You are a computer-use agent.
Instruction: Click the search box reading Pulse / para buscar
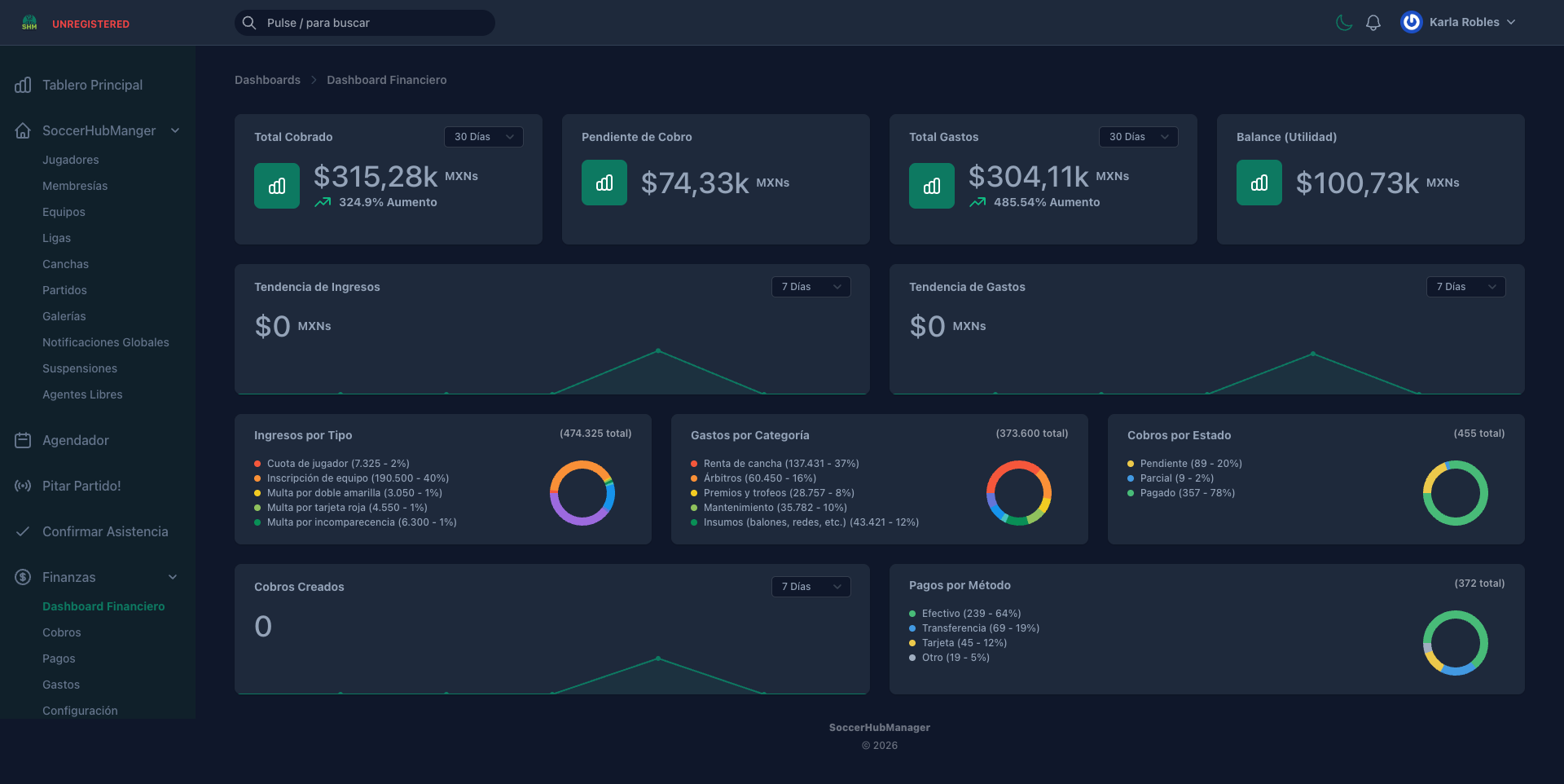pos(365,23)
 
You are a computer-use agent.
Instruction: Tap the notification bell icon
pos(1373,23)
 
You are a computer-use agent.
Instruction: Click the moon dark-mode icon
pos(1344,23)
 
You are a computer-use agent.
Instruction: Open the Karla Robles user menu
pos(1458,23)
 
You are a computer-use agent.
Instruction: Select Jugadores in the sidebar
pos(71,160)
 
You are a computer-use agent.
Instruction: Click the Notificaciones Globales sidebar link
pos(106,342)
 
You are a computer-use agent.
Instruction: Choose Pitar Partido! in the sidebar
pos(81,486)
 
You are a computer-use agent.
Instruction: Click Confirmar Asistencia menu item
pos(105,531)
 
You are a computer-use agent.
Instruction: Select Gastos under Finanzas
pos(61,685)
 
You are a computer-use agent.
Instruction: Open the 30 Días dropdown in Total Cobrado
pos(484,137)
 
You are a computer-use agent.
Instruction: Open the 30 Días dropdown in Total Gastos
pos(1138,137)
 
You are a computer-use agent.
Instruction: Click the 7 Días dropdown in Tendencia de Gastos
pos(1465,287)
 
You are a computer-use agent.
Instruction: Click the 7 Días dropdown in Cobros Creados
pos(811,587)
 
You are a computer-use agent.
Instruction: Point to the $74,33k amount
pos(695,183)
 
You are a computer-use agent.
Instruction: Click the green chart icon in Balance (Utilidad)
pos(1259,183)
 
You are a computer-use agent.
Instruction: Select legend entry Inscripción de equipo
pos(358,478)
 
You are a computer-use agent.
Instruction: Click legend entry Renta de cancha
pos(780,464)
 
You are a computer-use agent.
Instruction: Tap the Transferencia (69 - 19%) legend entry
pos(980,628)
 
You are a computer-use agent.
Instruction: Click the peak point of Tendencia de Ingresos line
pos(658,351)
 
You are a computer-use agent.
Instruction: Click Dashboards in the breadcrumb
pos(267,80)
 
